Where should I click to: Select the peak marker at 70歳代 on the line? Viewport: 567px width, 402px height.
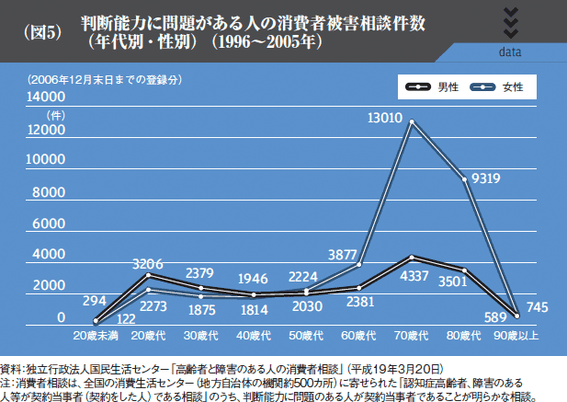click(412, 121)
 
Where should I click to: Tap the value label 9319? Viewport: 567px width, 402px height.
click(485, 178)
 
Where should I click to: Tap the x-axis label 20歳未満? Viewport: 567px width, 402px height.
click(95, 337)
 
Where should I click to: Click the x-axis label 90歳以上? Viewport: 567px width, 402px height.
click(516, 337)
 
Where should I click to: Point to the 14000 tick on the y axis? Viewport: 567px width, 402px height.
click(47, 98)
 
